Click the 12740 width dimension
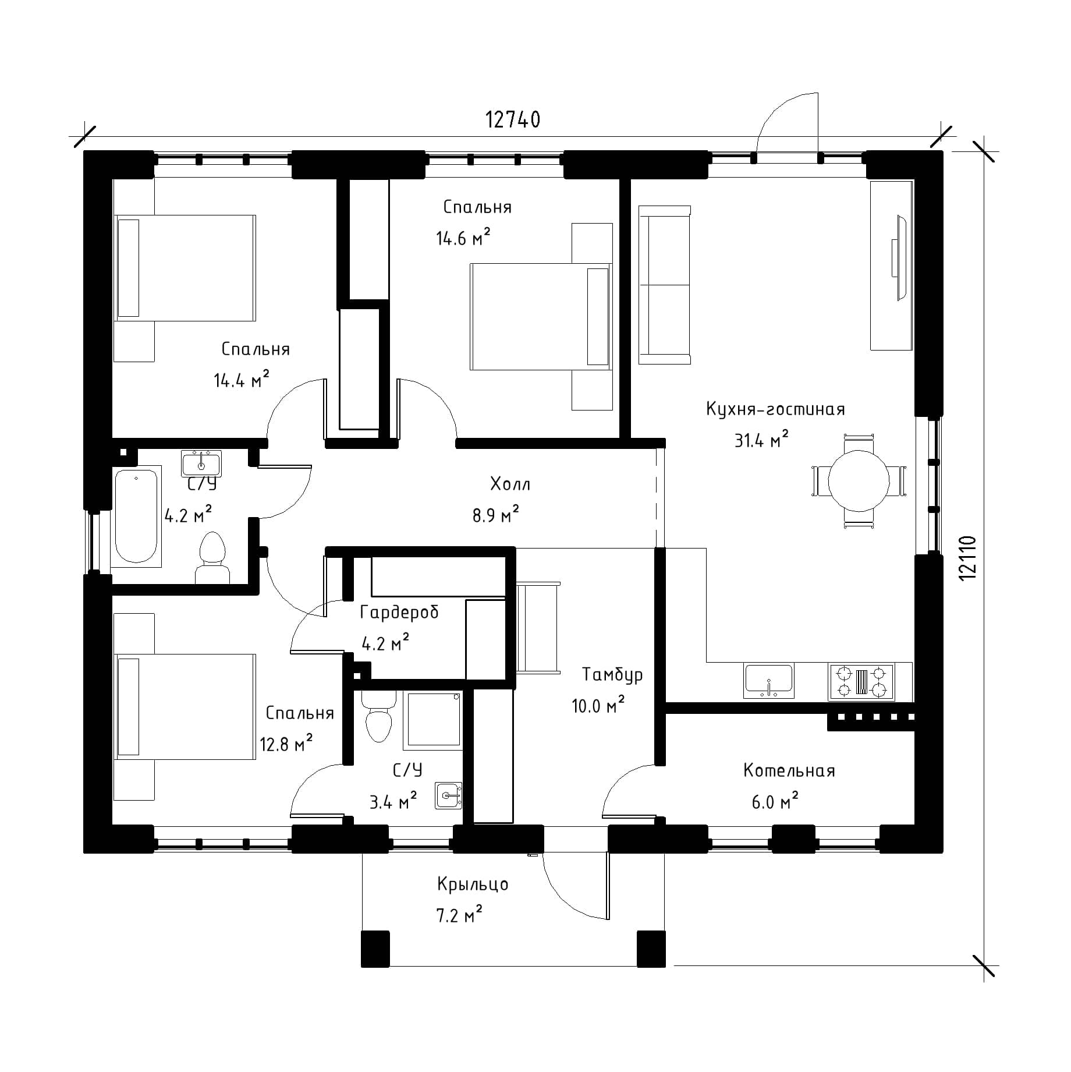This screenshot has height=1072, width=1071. (513, 119)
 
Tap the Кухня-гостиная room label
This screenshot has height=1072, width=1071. (775, 409)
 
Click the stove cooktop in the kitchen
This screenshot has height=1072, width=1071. (861, 682)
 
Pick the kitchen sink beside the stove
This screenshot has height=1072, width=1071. (769, 681)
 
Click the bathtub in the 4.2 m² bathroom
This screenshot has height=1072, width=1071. (136, 516)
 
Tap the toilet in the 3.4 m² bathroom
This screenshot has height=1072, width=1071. (378, 716)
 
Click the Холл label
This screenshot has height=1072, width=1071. (510, 484)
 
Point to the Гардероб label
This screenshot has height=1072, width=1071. (399, 612)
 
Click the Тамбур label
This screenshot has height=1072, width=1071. (612, 674)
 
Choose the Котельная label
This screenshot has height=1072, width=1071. (789, 770)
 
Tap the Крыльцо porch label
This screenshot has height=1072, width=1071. (473, 884)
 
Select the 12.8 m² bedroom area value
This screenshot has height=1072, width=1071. (286, 744)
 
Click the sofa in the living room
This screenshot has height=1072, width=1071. (665, 285)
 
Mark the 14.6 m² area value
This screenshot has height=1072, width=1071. (463, 238)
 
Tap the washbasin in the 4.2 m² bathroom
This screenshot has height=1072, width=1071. (201, 464)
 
